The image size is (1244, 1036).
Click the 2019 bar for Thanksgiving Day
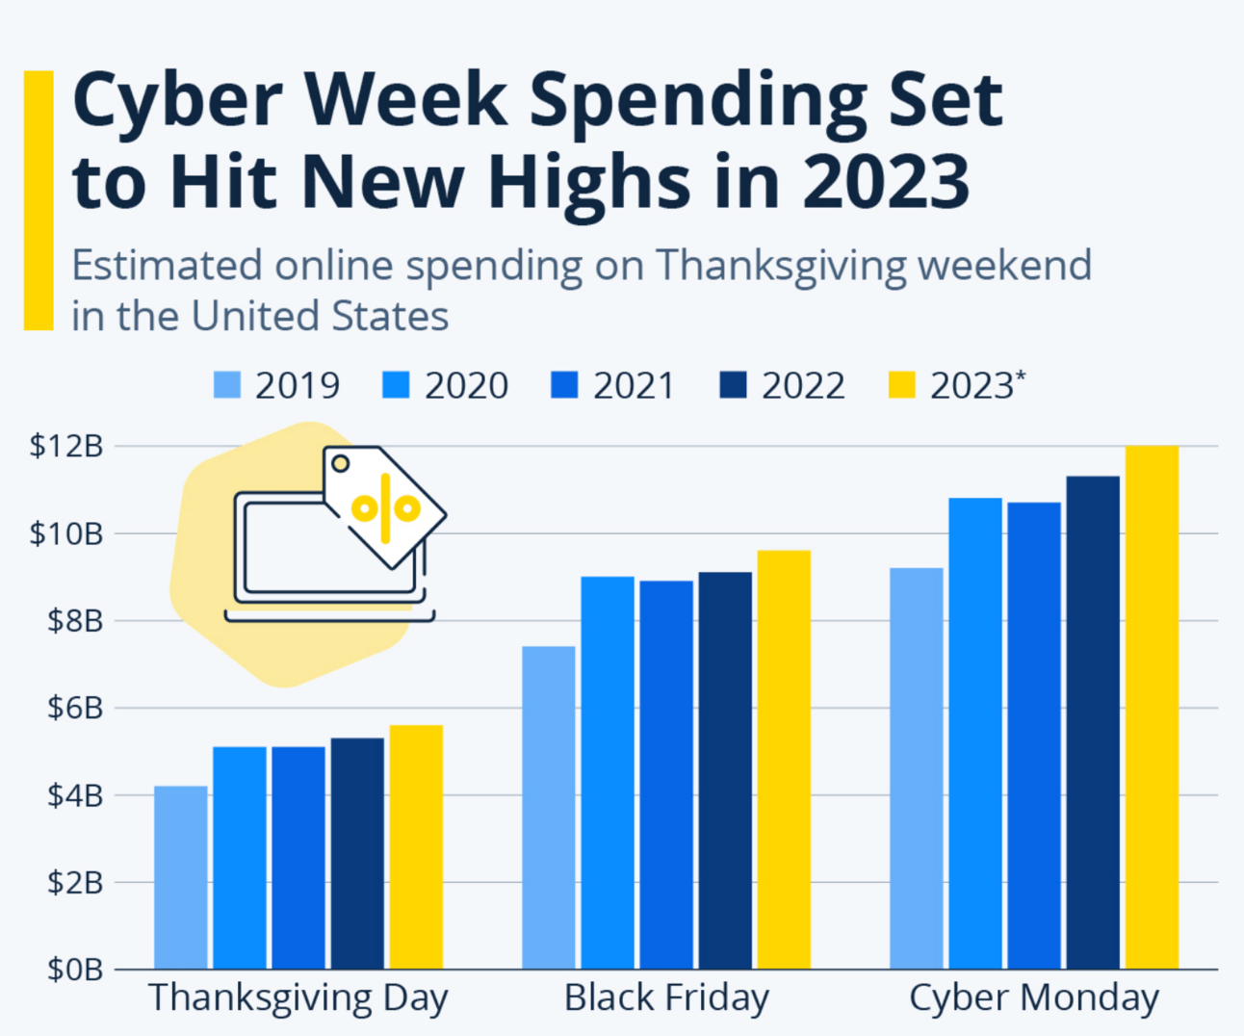point(180,877)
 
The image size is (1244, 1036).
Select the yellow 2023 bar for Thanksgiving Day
point(416,846)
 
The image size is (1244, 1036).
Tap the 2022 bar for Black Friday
point(725,770)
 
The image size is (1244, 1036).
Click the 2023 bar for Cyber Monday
point(1152,707)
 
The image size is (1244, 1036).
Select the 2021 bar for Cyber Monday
point(1034,736)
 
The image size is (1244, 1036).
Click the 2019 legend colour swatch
point(226,385)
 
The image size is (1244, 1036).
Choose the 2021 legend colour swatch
point(564,385)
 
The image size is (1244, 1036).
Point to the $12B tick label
point(65,446)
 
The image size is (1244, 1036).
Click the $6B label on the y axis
point(74,708)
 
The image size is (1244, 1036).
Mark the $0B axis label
point(74,969)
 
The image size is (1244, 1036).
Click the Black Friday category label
point(666,998)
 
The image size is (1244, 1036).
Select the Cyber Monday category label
point(1034,998)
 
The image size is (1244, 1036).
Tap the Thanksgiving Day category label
point(298,998)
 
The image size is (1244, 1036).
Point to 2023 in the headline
point(886,181)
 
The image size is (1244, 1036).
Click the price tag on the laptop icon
point(384,505)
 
